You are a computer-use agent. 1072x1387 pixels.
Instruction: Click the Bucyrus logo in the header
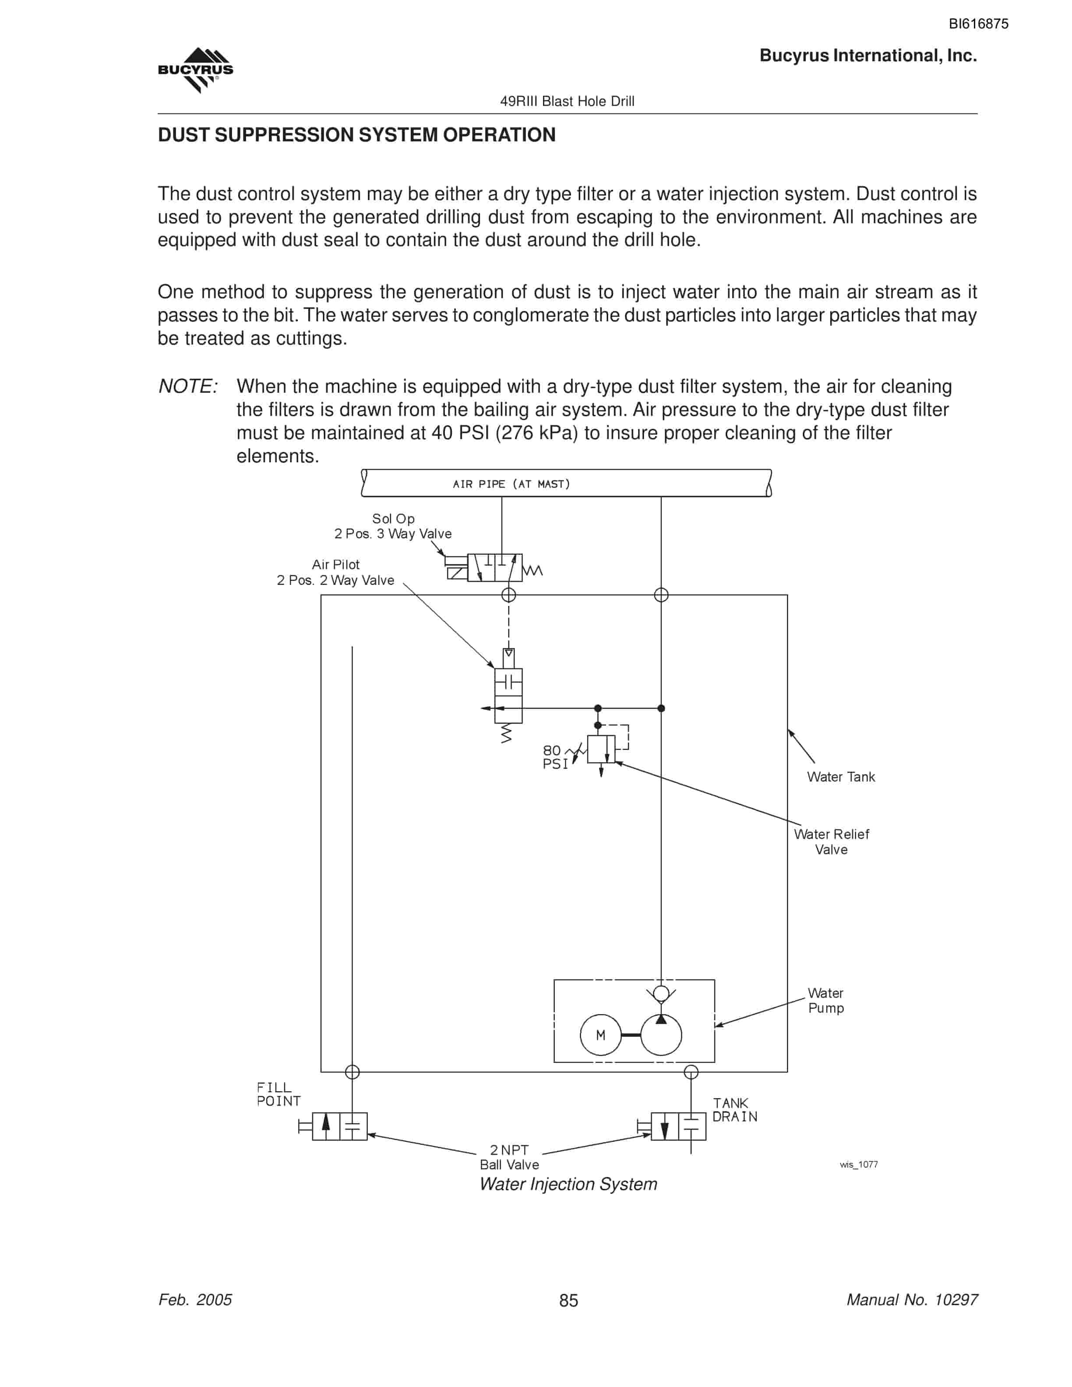click(x=196, y=70)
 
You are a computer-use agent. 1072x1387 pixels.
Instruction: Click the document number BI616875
click(x=978, y=24)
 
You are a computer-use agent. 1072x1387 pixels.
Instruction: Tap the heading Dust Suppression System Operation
click(x=356, y=135)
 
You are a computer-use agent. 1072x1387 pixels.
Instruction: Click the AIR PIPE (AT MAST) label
click(x=511, y=484)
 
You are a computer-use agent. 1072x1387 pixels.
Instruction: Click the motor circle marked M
click(x=600, y=1035)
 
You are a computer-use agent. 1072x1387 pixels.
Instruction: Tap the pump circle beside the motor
click(x=661, y=1035)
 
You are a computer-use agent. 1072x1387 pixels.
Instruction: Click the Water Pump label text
click(x=825, y=1000)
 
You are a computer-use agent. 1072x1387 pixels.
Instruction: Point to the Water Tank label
click(x=841, y=777)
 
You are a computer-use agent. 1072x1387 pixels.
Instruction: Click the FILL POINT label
click(x=278, y=1094)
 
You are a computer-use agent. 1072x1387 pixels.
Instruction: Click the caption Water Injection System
click(x=568, y=1184)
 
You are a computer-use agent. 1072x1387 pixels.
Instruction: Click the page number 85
click(x=568, y=1301)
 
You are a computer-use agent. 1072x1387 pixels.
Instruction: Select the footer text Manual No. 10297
click(x=912, y=1300)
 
